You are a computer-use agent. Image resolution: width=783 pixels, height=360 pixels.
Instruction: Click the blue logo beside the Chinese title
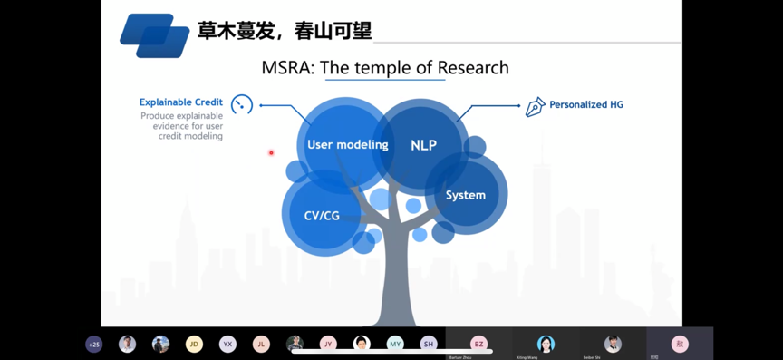click(154, 34)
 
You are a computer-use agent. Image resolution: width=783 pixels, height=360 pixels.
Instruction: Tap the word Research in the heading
click(472, 68)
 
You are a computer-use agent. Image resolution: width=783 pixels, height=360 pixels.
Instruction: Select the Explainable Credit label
click(181, 102)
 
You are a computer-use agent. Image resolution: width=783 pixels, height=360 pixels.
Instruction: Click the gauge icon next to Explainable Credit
click(242, 104)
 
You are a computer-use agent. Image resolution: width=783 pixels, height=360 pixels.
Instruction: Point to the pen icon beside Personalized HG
click(536, 106)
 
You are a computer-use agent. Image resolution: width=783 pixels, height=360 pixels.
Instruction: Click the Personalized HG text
click(586, 104)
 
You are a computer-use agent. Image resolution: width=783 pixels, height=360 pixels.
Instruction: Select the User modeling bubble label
click(347, 144)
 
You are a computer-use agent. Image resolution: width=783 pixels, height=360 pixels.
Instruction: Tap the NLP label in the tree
click(423, 145)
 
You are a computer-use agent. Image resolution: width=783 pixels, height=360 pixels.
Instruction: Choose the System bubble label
click(466, 195)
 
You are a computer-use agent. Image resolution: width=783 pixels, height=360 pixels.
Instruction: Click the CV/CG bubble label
click(322, 216)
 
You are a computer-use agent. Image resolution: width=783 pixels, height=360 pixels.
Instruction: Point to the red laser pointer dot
click(271, 152)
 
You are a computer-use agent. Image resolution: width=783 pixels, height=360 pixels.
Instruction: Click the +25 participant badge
click(93, 345)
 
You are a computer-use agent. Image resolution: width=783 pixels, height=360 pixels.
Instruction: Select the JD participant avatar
click(194, 344)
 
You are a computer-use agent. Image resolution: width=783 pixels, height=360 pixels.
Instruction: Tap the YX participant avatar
click(227, 344)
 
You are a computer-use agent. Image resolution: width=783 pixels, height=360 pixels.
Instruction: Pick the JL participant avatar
click(261, 344)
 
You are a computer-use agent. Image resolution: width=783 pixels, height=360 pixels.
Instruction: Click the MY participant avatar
click(395, 344)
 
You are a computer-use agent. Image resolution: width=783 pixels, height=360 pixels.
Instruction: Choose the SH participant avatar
click(429, 344)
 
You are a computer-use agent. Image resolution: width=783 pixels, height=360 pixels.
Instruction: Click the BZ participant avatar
click(478, 344)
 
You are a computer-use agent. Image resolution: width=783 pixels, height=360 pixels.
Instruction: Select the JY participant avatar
click(328, 344)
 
